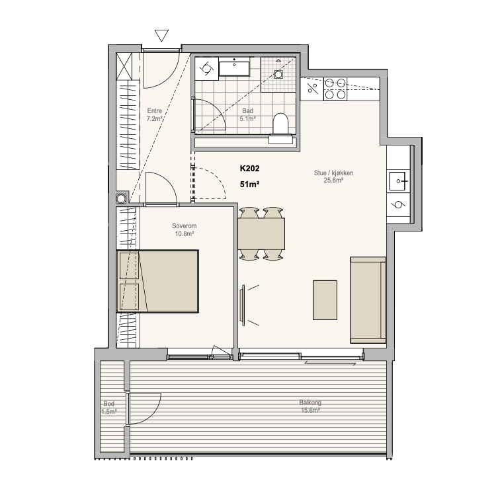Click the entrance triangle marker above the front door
point(161,35)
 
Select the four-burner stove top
point(335,89)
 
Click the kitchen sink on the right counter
point(398,181)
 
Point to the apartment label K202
point(249,168)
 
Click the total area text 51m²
point(249,184)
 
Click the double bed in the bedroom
point(157,282)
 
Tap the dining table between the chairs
point(261,233)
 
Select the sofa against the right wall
point(368,300)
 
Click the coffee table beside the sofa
point(325,300)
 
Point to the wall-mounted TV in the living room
point(243,305)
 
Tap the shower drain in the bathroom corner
point(278,74)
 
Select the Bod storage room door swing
point(144,408)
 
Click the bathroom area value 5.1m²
point(247,119)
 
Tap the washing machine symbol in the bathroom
point(206,68)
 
